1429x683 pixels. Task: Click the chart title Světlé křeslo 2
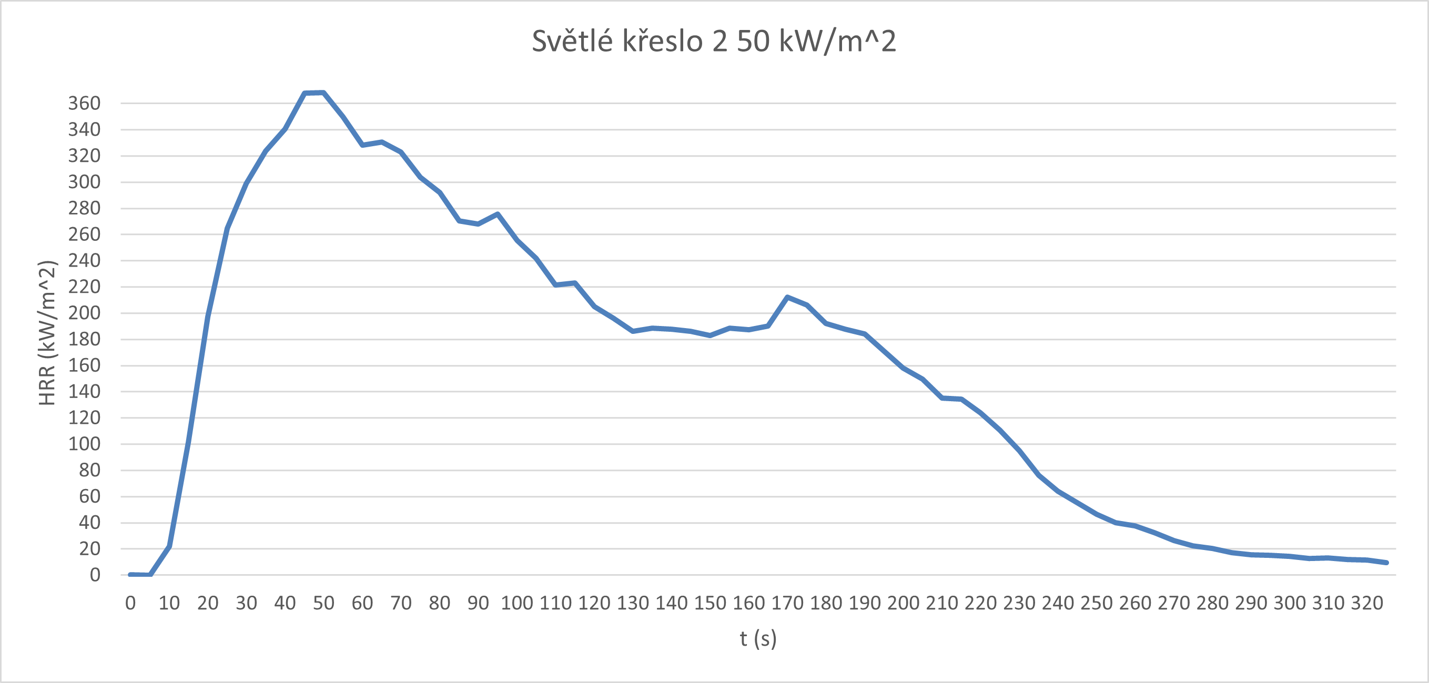pyautogui.click(x=714, y=41)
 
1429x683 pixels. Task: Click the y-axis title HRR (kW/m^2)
pyautogui.click(x=48, y=333)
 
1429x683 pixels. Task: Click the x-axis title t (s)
pyautogui.click(x=758, y=639)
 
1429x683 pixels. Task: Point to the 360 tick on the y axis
pyautogui.click(x=84, y=103)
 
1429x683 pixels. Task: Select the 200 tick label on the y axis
pyautogui.click(x=84, y=313)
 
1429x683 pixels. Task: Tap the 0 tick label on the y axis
pyautogui.click(x=95, y=575)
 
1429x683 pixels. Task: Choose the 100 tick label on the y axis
pyautogui.click(x=84, y=444)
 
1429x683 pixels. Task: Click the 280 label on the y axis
pyautogui.click(x=84, y=208)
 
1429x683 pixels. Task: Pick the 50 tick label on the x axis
pyautogui.click(x=323, y=603)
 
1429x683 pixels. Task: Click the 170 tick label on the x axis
pyautogui.click(x=787, y=603)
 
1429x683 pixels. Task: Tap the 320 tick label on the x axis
pyautogui.click(x=1367, y=603)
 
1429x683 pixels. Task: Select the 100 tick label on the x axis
pyautogui.click(x=516, y=603)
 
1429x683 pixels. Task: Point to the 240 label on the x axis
pyautogui.click(x=1058, y=603)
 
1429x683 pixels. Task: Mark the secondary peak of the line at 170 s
pyautogui.click(x=787, y=297)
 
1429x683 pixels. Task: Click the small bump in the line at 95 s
pyautogui.click(x=498, y=214)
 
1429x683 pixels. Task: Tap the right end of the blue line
pyautogui.click(x=1386, y=563)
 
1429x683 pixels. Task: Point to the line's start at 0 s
pyautogui.click(x=130, y=574)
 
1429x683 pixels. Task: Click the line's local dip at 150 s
pyautogui.click(x=710, y=335)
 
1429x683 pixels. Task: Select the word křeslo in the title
pyautogui.click(x=662, y=41)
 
